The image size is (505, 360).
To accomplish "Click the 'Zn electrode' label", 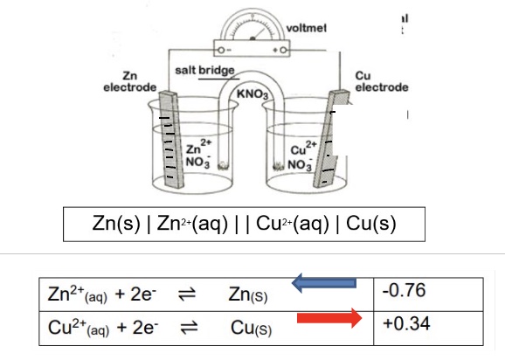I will pos(129,81).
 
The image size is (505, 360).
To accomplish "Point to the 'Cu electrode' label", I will pos(382,81).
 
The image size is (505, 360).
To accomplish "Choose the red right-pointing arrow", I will pos(329,321).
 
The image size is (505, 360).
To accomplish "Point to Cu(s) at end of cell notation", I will pos(371,223).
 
